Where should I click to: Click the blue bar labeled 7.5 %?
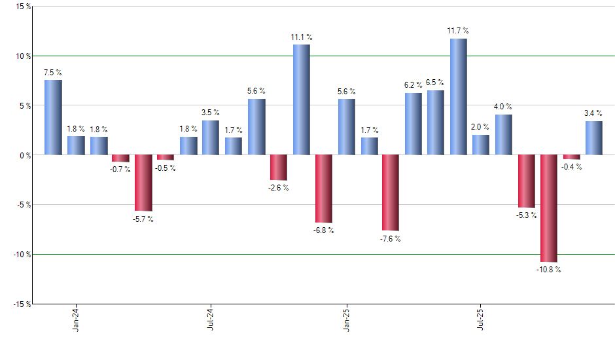(x=53, y=117)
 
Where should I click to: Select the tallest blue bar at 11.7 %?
(x=459, y=96)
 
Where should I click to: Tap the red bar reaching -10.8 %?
(x=548, y=208)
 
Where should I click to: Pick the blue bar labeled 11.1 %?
(x=302, y=99)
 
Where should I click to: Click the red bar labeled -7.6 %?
(x=391, y=192)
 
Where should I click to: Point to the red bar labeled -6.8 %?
(x=324, y=189)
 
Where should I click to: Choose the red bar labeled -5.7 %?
(x=143, y=183)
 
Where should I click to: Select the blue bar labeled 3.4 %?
(x=594, y=138)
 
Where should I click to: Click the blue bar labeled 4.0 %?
(x=503, y=135)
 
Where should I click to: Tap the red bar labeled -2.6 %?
(x=279, y=168)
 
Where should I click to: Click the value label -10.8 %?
(x=548, y=269)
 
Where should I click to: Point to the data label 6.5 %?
(x=435, y=82)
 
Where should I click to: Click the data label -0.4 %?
(x=572, y=166)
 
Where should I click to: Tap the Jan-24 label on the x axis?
(x=76, y=319)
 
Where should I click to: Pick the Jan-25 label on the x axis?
(x=346, y=319)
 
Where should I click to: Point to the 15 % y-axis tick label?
(x=22, y=7)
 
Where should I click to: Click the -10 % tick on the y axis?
(x=19, y=254)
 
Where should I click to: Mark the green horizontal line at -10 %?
(x=196, y=254)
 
